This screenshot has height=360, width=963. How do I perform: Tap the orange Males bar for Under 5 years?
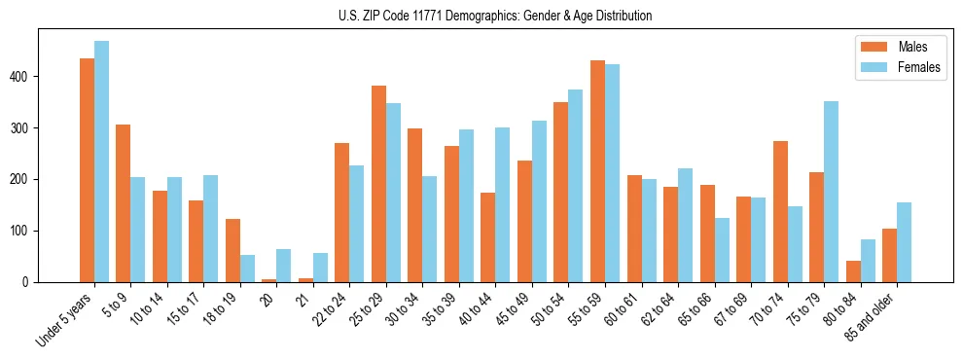coord(88,170)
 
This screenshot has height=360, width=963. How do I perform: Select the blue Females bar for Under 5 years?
coord(102,162)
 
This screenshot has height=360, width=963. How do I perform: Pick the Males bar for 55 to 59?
coord(598,171)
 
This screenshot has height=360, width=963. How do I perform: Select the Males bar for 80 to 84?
coord(854,271)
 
